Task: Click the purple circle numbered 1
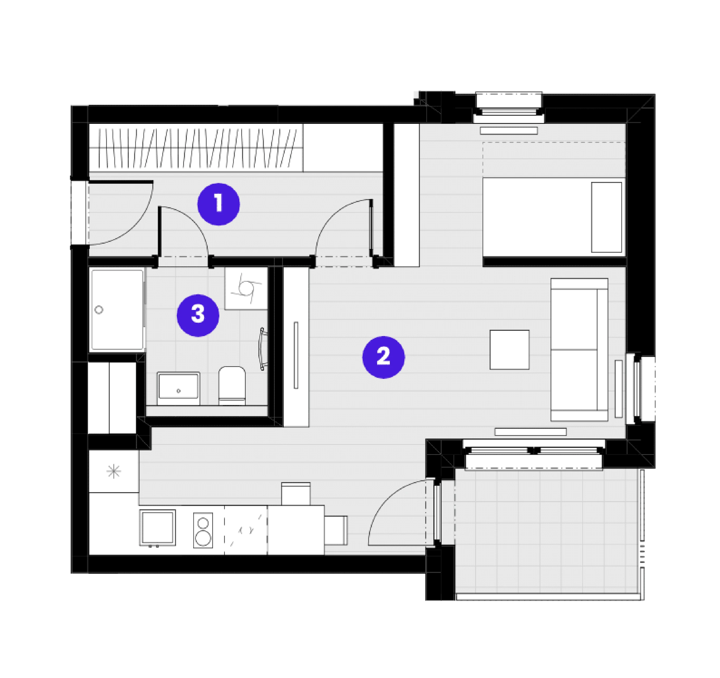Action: click(218, 204)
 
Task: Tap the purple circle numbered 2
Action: click(383, 357)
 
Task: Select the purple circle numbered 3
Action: click(198, 315)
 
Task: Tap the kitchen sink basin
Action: click(158, 527)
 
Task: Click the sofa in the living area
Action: click(579, 350)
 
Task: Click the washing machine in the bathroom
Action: click(246, 289)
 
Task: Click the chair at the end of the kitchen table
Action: click(336, 530)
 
